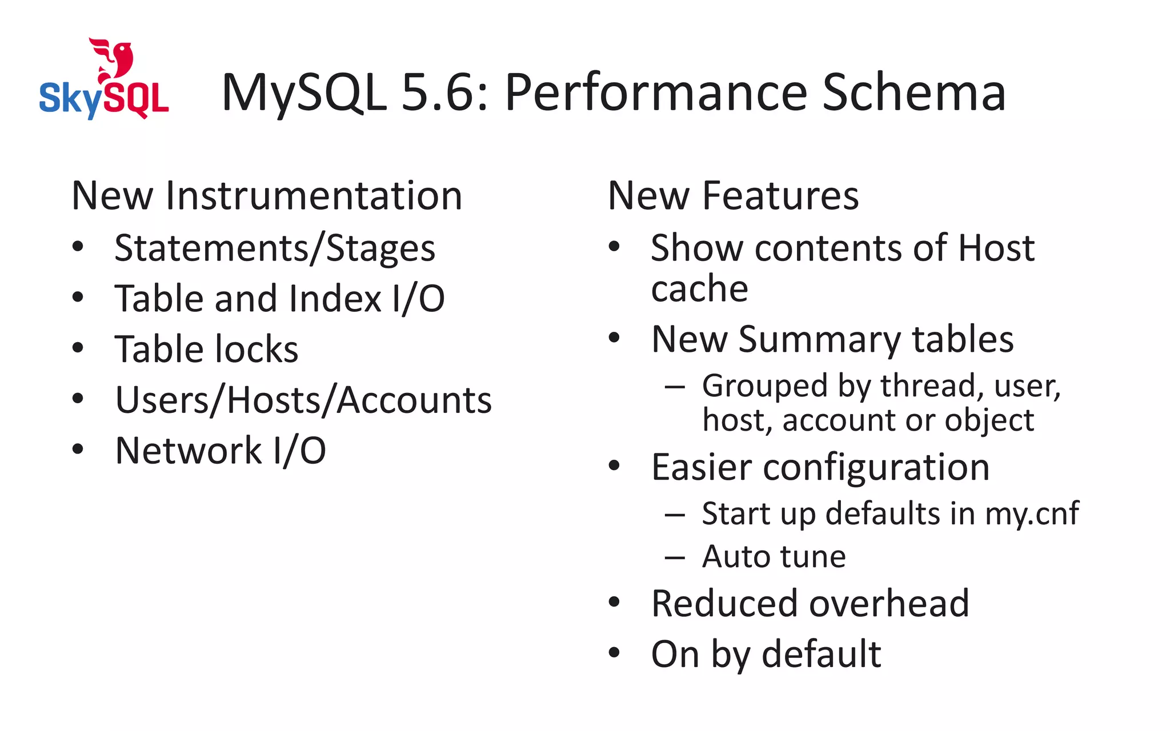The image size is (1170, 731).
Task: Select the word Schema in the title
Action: click(x=913, y=93)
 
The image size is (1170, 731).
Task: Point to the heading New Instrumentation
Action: click(x=266, y=196)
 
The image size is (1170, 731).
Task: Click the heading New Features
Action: click(x=733, y=196)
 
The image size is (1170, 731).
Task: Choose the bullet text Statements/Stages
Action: click(x=275, y=248)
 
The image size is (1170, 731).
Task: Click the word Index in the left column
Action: click(x=335, y=299)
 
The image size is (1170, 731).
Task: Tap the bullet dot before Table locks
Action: click(x=78, y=348)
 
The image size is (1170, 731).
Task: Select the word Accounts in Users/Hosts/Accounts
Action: click(x=414, y=400)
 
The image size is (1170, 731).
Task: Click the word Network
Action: click(x=188, y=451)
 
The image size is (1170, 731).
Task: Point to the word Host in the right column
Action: click(x=996, y=248)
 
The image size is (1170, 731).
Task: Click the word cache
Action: click(x=699, y=288)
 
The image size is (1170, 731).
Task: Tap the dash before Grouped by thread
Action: click(x=675, y=387)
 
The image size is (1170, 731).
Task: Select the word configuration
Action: click(x=876, y=468)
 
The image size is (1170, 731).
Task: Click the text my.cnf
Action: click(x=1032, y=513)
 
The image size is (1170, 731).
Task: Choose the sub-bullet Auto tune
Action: click(x=774, y=557)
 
